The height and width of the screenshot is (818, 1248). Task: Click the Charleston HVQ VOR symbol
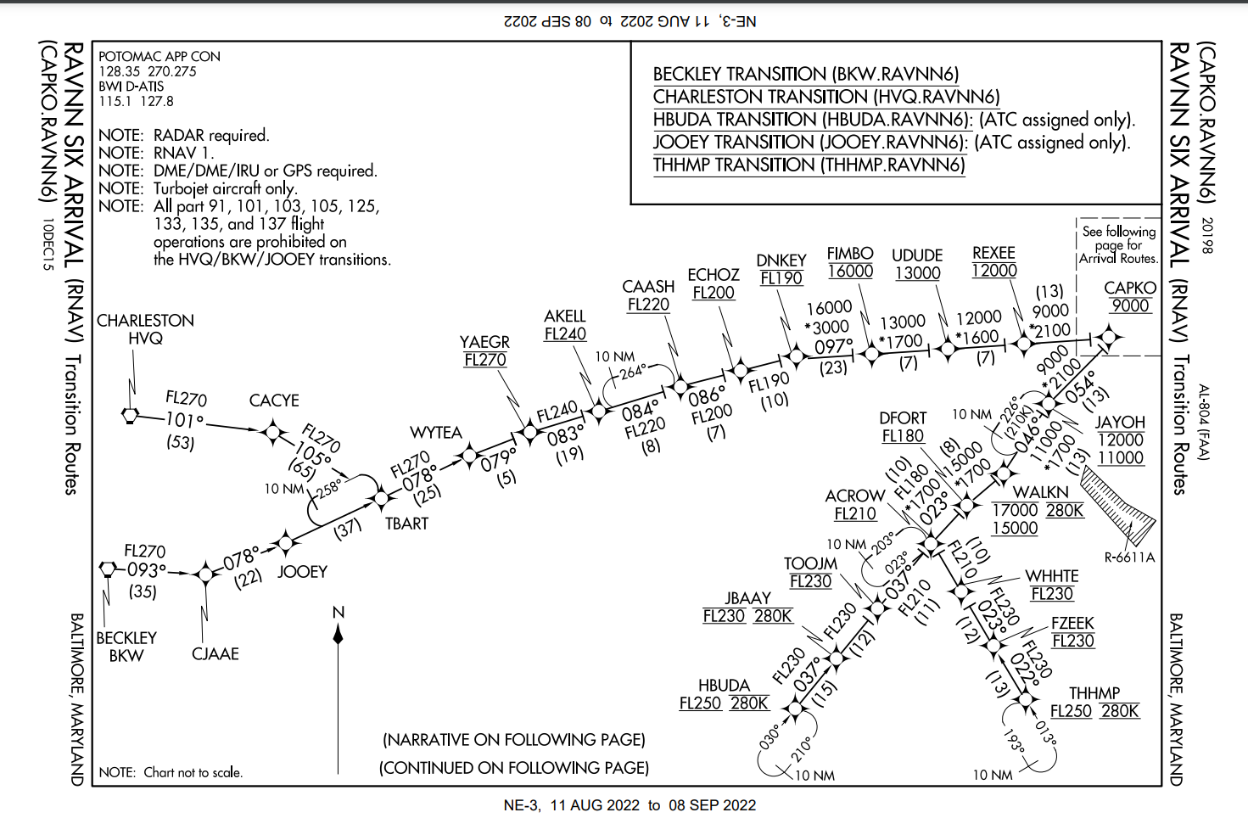click(130, 416)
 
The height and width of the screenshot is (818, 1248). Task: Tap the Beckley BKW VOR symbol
click(107, 569)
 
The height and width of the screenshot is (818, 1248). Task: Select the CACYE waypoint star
click(273, 432)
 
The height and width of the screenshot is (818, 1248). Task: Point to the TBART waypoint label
click(406, 524)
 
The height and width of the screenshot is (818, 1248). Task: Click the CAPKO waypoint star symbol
click(1108, 337)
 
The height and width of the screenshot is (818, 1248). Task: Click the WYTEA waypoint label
click(436, 433)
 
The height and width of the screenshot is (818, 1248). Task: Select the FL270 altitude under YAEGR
click(485, 360)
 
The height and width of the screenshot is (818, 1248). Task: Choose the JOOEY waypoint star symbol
click(286, 542)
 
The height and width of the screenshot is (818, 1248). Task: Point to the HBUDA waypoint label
click(724, 685)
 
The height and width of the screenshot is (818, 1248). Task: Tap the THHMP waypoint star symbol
click(1026, 699)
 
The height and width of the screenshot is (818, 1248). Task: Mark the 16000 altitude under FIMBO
click(850, 272)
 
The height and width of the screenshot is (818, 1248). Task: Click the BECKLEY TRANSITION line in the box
click(806, 74)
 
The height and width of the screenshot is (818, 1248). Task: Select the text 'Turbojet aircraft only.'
click(225, 188)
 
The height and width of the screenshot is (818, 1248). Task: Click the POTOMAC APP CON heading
click(159, 56)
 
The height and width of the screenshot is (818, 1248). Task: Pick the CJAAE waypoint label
click(215, 653)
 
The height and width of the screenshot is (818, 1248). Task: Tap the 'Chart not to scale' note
click(193, 772)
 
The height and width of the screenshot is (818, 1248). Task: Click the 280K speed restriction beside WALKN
click(1065, 511)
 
